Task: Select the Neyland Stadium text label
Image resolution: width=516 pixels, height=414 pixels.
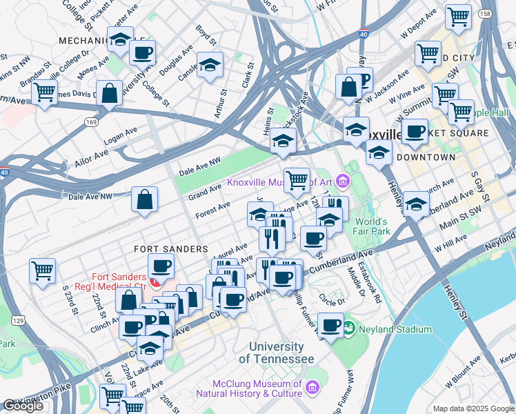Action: point(395,330)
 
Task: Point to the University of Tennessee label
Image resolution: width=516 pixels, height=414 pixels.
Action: point(276,353)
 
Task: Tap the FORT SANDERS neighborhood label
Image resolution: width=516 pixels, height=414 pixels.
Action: point(170,248)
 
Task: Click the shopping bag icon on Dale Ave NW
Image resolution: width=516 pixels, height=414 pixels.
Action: point(146,200)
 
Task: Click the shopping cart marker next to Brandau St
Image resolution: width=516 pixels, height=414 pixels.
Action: point(44,92)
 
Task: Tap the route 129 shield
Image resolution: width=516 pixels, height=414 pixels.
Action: point(19,321)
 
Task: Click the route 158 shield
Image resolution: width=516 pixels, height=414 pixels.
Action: point(504,13)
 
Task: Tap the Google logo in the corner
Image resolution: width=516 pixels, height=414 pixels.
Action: point(23,406)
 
